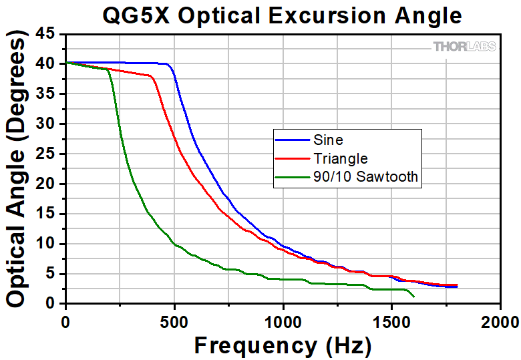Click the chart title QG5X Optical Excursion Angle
point(281,15)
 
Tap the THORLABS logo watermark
point(465,46)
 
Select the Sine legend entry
point(327,140)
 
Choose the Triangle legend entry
point(339,158)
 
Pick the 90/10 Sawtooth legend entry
point(365,176)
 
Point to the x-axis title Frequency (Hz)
point(283,345)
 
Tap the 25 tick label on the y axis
point(47,154)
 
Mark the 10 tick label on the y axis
point(47,244)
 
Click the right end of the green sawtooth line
point(414,297)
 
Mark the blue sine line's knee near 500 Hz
point(170,66)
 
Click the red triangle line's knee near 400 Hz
point(153,77)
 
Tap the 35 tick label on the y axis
point(47,94)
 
